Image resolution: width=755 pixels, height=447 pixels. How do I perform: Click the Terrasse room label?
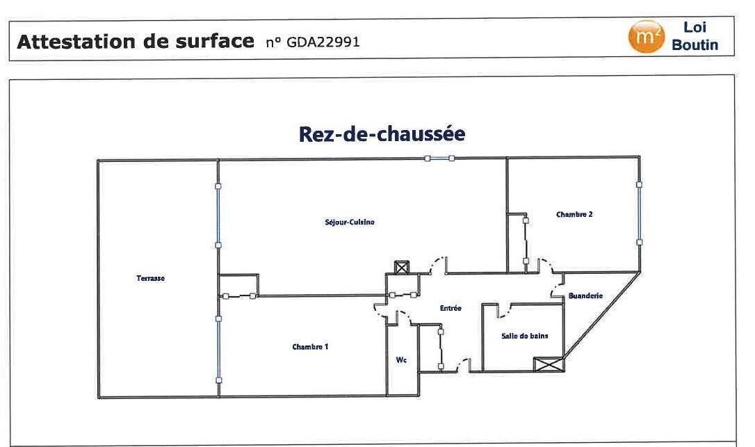tap(150, 278)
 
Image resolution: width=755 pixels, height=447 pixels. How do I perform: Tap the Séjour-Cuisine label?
tap(350, 222)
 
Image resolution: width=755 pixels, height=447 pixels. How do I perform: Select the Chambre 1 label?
tap(310, 347)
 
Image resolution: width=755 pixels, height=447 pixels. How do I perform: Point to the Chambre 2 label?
tap(574, 214)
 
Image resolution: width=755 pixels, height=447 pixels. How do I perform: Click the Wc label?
tap(401, 360)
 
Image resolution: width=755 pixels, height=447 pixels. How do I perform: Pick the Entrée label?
tap(450, 308)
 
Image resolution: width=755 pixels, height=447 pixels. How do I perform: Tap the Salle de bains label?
tap(525, 336)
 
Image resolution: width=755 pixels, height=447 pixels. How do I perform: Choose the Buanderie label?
tap(585, 295)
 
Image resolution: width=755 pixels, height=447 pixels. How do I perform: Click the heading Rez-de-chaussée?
tap(382, 134)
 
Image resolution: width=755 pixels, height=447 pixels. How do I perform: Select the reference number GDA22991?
tap(323, 42)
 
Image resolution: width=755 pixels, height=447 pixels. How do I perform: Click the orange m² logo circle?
tap(647, 37)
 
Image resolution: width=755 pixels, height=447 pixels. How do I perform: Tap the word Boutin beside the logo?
tap(695, 44)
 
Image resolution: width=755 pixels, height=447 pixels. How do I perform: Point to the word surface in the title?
tap(214, 42)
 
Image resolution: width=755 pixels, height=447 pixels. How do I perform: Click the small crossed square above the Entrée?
tap(401, 268)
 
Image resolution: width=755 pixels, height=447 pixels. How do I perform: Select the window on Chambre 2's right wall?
tap(639, 213)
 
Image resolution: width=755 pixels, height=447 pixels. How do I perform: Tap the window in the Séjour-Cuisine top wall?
tap(439, 158)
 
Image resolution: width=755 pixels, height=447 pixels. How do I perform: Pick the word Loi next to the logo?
tap(695, 27)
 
